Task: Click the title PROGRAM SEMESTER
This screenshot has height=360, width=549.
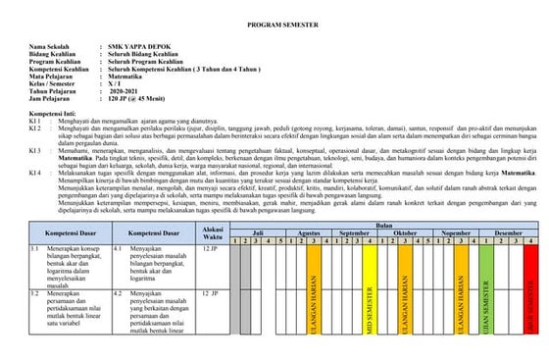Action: (x=274, y=20)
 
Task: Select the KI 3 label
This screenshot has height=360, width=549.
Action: (x=34, y=151)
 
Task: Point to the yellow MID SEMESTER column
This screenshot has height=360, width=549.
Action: (x=370, y=294)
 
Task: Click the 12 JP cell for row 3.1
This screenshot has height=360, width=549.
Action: (x=209, y=250)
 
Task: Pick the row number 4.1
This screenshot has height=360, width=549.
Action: (x=119, y=250)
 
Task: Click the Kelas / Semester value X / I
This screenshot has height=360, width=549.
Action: (x=122, y=81)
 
